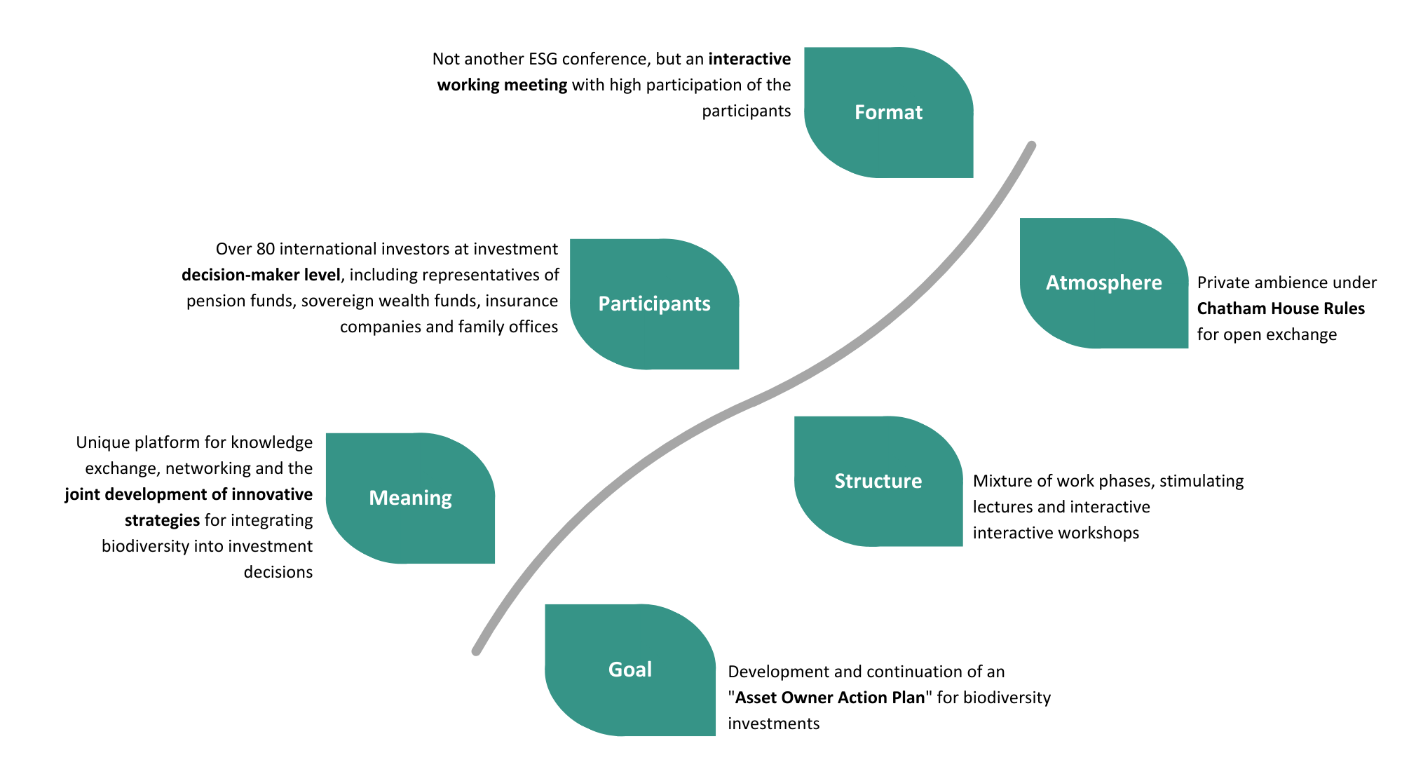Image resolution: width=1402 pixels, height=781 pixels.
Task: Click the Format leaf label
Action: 888,112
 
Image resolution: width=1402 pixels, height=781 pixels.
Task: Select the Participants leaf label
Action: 654,304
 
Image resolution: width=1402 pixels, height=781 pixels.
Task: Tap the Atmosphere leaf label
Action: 1103,283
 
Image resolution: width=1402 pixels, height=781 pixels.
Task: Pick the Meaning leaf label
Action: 410,498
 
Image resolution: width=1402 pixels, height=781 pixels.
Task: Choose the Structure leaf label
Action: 878,481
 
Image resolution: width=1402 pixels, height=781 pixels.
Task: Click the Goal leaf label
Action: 629,670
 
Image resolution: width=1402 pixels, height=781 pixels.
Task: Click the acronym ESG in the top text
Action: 543,59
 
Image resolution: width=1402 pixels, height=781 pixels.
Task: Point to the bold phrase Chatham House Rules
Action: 1281,308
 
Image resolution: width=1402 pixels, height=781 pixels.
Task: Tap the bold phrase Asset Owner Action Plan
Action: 830,698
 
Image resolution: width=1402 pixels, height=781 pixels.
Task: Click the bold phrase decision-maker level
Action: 261,275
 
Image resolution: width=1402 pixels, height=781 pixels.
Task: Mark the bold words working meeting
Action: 502,85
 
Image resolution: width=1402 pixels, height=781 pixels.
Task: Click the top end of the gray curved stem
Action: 1031,146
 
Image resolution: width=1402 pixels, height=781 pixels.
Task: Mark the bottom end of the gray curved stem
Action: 477,651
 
